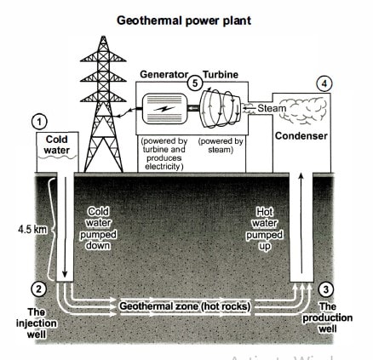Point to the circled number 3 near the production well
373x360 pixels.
(x=327, y=288)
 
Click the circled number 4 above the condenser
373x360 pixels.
(x=322, y=83)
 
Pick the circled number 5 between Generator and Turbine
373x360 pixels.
(x=195, y=83)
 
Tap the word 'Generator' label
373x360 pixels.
(x=163, y=75)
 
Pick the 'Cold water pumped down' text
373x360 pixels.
(x=100, y=228)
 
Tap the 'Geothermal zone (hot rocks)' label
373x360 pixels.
(x=185, y=305)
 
